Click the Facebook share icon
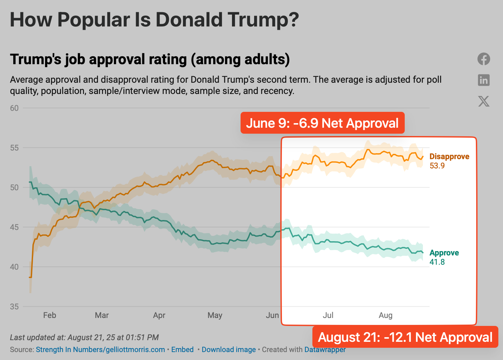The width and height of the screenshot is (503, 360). (483, 59)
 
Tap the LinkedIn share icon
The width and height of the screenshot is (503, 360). (483, 80)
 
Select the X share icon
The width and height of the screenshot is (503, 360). (483, 101)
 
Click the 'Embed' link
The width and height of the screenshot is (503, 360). (182, 350)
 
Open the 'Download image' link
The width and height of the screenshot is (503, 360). (229, 350)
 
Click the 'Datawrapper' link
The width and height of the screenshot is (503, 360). (325, 350)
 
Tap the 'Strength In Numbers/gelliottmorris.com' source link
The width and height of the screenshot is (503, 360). (100, 350)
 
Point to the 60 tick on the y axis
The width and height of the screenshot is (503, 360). (14, 108)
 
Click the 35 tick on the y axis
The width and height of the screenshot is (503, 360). (14, 307)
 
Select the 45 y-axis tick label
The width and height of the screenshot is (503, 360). (14, 227)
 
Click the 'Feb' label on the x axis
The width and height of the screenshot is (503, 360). (50, 315)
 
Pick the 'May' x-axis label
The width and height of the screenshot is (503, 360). (215, 315)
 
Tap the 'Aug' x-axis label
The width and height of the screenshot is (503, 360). (386, 315)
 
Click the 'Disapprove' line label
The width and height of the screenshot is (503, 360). (449, 157)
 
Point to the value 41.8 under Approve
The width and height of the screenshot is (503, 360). (437, 262)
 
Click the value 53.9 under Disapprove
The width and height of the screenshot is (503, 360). (437, 166)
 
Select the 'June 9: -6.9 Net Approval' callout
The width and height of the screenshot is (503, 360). (322, 123)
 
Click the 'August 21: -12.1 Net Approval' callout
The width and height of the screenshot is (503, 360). (405, 337)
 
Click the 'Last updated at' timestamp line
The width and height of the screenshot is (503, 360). (84, 337)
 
